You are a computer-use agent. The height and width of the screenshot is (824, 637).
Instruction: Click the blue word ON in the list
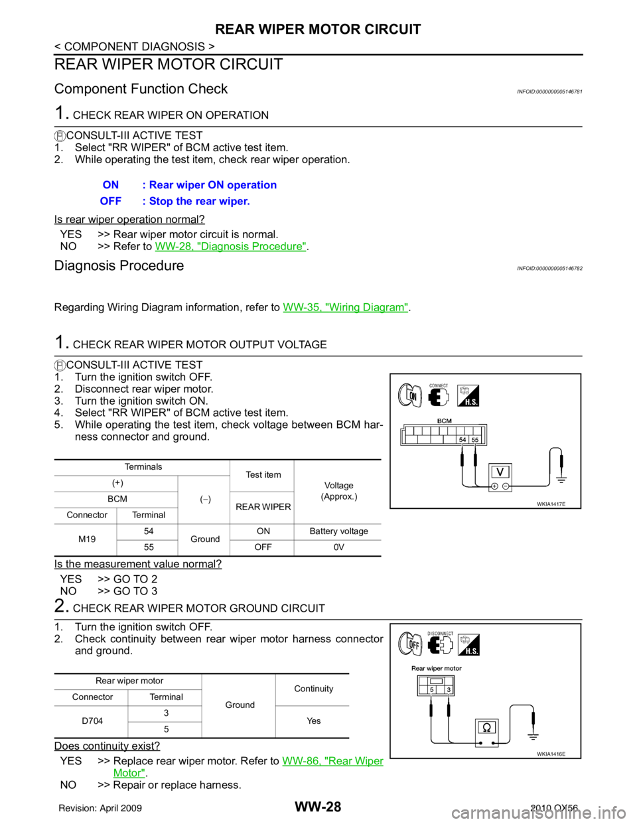click(111, 185)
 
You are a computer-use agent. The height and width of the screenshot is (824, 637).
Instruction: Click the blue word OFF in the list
click(111, 202)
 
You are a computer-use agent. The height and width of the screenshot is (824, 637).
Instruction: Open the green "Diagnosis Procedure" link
click(230, 247)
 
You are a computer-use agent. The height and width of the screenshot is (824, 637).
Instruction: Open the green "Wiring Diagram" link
click(345, 307)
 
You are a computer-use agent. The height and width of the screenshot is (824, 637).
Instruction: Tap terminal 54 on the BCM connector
click(462, 440)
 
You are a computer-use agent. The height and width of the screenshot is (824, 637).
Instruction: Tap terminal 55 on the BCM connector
click(476, 440)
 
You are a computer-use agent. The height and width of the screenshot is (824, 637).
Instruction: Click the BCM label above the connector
click(445, 421)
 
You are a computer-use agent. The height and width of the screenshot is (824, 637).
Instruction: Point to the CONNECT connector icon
click(439, 396)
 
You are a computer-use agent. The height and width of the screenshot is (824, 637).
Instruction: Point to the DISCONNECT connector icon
click(441, 645)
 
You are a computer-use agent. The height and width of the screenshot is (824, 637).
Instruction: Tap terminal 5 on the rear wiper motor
click(431, 690)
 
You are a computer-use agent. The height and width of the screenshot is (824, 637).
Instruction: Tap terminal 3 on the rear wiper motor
click(449, 690)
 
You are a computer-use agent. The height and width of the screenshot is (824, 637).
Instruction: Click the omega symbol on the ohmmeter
click(486, 728)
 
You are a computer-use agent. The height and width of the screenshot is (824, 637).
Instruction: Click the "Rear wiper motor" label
click(437, 668)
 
